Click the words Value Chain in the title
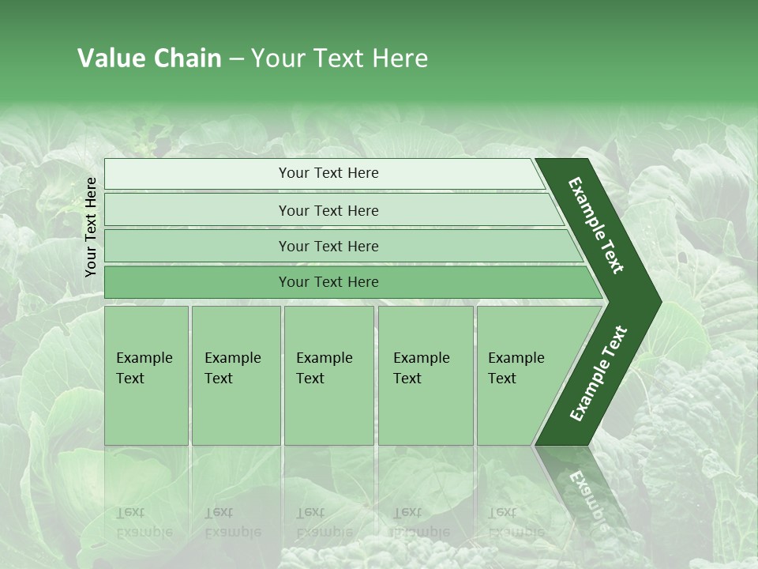149,58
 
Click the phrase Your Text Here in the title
340,58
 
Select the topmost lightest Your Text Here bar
328,173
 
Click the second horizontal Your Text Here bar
328,210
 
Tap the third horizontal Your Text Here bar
328,246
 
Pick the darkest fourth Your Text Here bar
328,282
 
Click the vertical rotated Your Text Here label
91,227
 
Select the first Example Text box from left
146,375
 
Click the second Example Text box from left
235,375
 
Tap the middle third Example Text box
328,375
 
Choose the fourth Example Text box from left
426,375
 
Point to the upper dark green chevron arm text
596,225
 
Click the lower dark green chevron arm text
598,374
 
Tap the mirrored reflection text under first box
144,522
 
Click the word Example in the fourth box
421,358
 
